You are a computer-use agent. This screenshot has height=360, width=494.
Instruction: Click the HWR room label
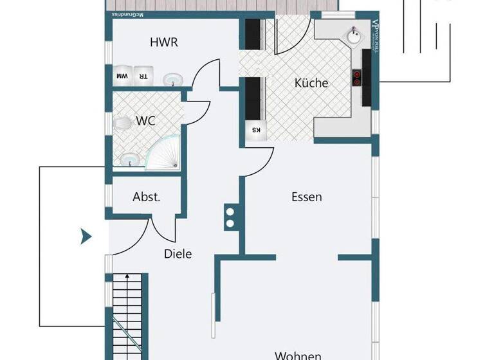tap(163, 43)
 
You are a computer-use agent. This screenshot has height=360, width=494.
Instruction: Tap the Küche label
tap(311, 83)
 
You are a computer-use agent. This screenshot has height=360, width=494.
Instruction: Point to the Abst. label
tap(147, 197)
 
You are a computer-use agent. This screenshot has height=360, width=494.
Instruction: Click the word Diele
tap(178, 253)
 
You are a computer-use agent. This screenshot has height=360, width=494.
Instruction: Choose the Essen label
tap(306, 197)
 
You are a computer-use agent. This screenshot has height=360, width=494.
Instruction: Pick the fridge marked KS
tap(255, 130)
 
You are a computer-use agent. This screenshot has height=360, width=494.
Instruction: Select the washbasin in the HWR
tap(172, 80)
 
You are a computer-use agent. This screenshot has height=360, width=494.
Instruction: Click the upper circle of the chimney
tap(230, 211)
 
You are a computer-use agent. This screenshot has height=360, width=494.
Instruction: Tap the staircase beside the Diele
tap(127, 315)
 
